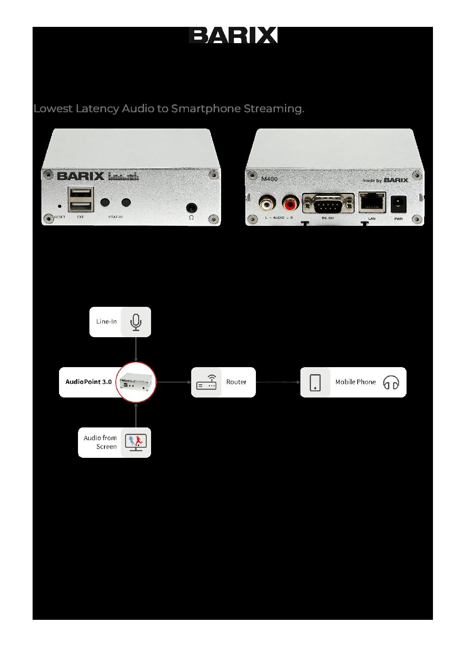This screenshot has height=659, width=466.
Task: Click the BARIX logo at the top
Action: pos(233,35)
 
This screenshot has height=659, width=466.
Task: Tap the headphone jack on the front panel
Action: pos(192,207)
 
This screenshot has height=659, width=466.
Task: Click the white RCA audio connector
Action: pos(266,204)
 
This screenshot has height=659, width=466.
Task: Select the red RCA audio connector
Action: pos(290,204)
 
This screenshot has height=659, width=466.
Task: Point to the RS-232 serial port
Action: pos(328,204)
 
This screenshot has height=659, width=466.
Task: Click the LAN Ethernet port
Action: pos(372,202)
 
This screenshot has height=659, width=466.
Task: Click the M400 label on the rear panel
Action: pos(269,179)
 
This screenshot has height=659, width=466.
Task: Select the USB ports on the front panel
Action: pos(81,199)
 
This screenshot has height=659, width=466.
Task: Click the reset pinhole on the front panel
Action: pos(60,206)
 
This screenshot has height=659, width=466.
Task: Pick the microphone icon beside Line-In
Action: pos(136,322)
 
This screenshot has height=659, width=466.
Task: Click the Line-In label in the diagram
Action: pos(107,322)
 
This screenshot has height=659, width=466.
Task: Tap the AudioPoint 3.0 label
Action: pos(89,382)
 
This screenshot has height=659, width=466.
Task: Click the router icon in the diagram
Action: pos(206,382)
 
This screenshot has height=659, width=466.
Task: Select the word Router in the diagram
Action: pos(236,382)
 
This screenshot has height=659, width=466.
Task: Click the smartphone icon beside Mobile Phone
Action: pos(315,382)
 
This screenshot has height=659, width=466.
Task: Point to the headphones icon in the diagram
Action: pos(391,382)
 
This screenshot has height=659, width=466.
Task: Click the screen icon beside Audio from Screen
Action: pos(136,442)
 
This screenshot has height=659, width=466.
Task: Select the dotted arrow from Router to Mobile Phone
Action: pos(277,382)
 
